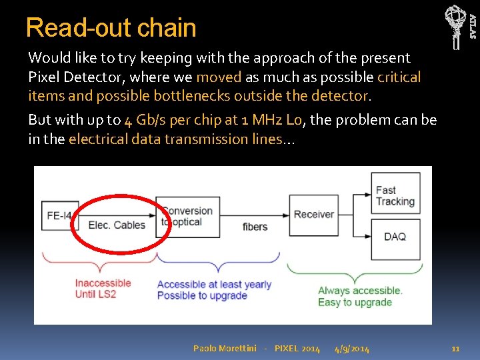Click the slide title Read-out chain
(x=111, y=28)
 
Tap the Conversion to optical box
(x=187, y=217)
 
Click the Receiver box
(x=313, y=215)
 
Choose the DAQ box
(x=395, y=237)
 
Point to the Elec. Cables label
(x=117, y=225)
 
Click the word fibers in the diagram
(x=255, y=227)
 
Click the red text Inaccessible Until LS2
(x=103, y=289)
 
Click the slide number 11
(x=456, y=349)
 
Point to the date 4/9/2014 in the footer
(x=352, y=349)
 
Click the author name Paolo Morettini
(x=224, y=349)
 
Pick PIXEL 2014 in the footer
(x=297, y=349)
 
